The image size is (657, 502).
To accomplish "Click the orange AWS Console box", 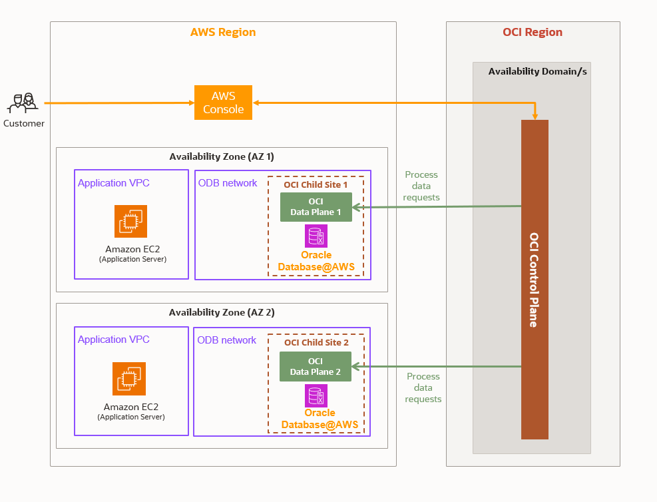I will click(223, 103).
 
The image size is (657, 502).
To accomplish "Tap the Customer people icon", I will click(23, 103).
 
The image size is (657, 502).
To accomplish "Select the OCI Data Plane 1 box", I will click(316, 207).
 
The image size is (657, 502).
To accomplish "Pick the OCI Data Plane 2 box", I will click(315, 367).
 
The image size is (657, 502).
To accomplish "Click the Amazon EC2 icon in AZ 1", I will click(130, 221).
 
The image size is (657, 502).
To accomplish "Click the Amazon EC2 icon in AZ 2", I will click(129, 379).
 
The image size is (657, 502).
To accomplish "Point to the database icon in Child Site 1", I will click(316, 236).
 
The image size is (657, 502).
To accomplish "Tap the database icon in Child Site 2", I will click(316, 395).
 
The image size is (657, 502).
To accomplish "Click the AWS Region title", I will click(223, 32).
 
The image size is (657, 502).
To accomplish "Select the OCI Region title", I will click(533, 32).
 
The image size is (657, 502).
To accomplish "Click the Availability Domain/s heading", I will click(537, 71).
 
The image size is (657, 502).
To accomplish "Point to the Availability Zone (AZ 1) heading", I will click(222, 156).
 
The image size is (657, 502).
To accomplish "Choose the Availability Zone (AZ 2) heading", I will click(222, 312).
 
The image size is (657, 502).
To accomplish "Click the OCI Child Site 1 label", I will click(316, 184).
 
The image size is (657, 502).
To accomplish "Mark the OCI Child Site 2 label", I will click(316, 342).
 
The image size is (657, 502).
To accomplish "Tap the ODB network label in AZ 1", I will click(228, 183).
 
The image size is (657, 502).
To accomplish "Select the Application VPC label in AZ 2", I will click(114, 340).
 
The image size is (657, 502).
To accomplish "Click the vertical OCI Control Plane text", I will click(534, 280).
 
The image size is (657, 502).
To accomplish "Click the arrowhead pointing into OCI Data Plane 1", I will click(355, 208).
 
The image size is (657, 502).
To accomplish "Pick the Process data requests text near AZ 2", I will click(423, 387).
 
